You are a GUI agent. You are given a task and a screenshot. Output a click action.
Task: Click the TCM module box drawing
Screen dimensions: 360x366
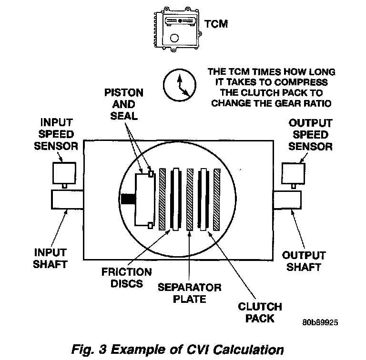click(x=178, y=29)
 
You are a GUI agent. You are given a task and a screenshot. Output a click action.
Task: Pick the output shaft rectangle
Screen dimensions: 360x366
click(x=288, y=200)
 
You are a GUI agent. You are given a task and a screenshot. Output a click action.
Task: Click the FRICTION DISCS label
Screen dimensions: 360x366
click(x=127, y=278)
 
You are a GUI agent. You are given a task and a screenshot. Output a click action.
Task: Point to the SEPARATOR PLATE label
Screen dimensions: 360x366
click(x=189, y=293)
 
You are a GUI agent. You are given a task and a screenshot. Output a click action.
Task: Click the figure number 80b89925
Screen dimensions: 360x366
click(x=320, y=322)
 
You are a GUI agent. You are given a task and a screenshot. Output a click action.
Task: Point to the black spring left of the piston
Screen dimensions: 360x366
click(x=128, y=199)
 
